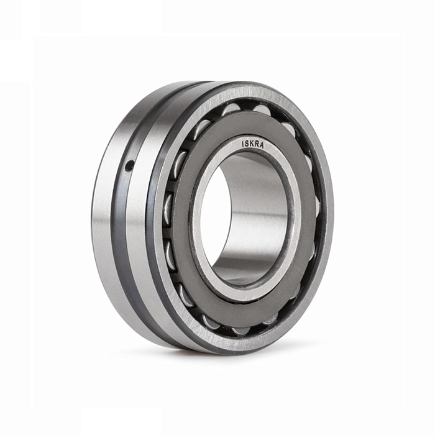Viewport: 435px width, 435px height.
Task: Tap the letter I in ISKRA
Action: [x=243, y=144]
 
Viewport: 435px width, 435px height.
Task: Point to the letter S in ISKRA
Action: [x=247, y=144]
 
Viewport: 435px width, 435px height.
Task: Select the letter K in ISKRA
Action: [x=252, y=144]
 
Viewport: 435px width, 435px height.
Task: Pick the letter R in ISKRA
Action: [x=257, y=144]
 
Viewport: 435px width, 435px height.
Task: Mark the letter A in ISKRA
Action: [x=262, y=146]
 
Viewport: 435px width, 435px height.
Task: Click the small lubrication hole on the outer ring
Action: [x=129, y=166]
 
